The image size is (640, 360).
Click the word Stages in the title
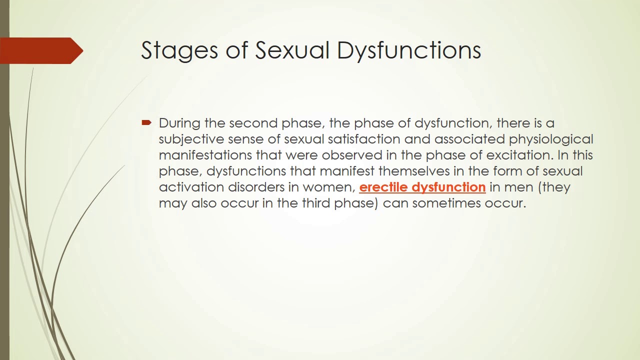179,50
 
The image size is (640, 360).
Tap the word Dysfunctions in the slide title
409,50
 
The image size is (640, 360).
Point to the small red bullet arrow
146,122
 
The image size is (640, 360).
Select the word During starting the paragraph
179,123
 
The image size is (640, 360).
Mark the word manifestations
205,155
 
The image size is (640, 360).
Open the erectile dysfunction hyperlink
422,187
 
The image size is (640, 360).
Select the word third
315,203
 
